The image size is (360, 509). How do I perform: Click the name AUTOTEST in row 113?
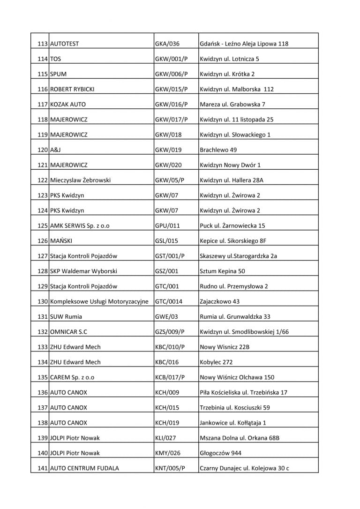[64, 44]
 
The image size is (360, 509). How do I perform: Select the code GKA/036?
[167, 44]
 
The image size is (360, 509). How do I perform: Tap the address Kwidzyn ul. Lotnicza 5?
[229, 59]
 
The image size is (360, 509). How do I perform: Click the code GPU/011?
[167, 225]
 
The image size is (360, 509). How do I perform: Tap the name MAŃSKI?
[61, 241]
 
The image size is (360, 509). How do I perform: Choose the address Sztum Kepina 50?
[222, 271]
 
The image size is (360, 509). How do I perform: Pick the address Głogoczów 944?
[221, 453]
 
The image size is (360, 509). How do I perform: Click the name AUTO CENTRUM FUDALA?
[84, 468]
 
